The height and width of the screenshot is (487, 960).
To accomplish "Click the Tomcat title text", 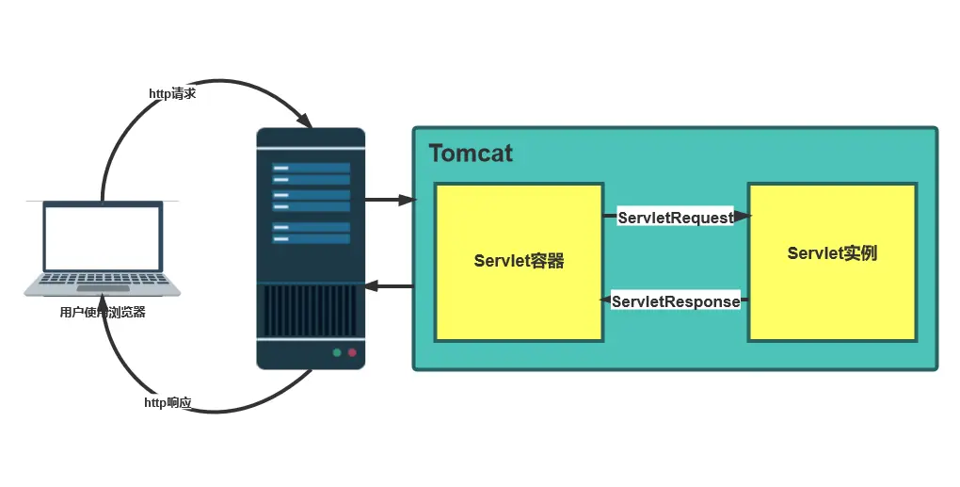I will [471, 154].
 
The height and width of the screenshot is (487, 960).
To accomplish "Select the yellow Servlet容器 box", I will [518, 301].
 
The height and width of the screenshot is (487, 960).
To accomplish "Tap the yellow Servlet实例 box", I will [832, 292].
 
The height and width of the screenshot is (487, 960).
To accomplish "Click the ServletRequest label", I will [675, 218].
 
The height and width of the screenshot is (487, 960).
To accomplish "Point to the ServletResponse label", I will [676, 302].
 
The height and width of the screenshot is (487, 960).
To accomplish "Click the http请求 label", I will [172, 94].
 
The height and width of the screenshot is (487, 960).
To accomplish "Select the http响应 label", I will [168, 403].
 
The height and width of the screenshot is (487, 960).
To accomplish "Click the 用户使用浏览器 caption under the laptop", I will [103, 313].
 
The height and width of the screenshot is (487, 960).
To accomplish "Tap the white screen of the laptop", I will [103, 235].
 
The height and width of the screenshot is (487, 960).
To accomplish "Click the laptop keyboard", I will [103, 280].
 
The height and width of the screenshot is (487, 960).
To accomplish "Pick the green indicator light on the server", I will [336, 353].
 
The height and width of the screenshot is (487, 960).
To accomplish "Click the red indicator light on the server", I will [353, 353].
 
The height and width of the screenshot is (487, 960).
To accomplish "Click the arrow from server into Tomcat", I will [390, 200].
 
